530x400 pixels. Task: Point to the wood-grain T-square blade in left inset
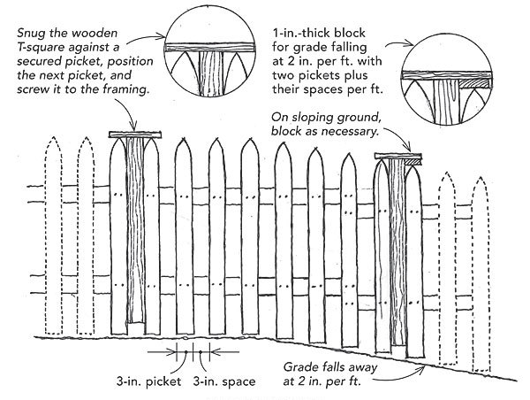coord(208,75)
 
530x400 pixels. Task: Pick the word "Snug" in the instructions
coord(28,30)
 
